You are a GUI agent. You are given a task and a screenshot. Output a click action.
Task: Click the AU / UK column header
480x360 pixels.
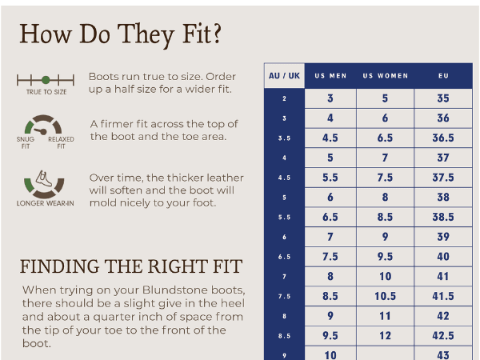(284, 76)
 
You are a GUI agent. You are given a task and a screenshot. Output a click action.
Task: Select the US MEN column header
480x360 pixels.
(330, 76)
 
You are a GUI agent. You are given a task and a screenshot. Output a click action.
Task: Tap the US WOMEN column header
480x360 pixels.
(386, 76)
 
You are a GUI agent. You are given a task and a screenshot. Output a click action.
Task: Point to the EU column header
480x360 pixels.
(443, 76)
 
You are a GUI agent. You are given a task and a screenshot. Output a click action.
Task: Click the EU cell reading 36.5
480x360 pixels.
(443, 138)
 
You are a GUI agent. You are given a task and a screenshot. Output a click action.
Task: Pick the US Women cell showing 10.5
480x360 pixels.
(385, 296)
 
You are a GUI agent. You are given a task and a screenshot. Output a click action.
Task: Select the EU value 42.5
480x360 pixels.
(443, 335)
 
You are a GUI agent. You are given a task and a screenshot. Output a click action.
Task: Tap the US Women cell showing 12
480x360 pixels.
(385, 335)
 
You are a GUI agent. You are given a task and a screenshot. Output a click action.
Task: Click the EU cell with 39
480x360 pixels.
(443, 237)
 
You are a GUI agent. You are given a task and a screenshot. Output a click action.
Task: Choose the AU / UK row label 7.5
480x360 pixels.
(284, 296)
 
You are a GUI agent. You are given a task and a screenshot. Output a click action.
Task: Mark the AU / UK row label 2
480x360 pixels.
(284, 98)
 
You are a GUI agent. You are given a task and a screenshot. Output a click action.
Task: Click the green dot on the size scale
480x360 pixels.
(46, 80)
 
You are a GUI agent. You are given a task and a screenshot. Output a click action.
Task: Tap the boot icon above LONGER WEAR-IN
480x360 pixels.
(44, 178)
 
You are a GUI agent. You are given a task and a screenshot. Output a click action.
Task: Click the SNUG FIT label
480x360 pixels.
(26, 142)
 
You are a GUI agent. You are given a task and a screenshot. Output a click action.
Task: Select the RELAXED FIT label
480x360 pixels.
(61, 142)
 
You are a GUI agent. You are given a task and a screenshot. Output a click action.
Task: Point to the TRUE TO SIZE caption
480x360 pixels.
(46, 92)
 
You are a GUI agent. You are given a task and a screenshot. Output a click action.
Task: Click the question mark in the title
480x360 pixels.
(217, 33)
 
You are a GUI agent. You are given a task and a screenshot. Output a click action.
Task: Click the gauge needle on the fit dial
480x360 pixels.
(41, 131)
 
